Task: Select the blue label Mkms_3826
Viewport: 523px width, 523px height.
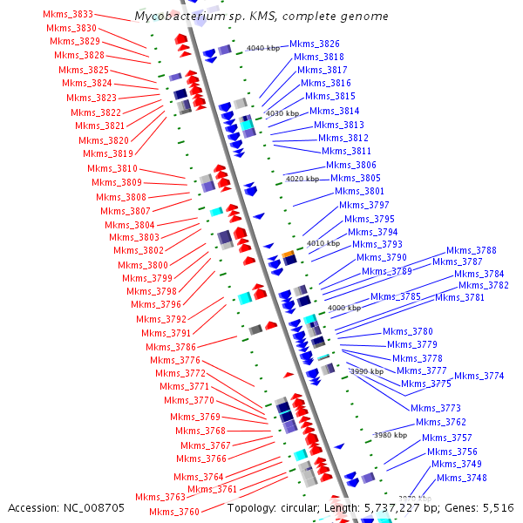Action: (x=315, y=44)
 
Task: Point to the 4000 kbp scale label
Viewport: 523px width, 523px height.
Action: (x=343, y=308)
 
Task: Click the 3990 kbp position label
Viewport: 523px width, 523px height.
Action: (x=366, y=371)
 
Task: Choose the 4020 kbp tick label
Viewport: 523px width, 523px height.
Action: (x=302, y=179)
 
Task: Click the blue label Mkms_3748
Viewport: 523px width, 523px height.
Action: (x=462, y=478)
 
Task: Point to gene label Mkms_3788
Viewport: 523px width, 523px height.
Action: (x=472, y=250)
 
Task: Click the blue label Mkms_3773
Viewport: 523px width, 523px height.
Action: (x=436, y=408)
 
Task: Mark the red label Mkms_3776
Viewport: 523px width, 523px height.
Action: (x=175, y=360)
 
